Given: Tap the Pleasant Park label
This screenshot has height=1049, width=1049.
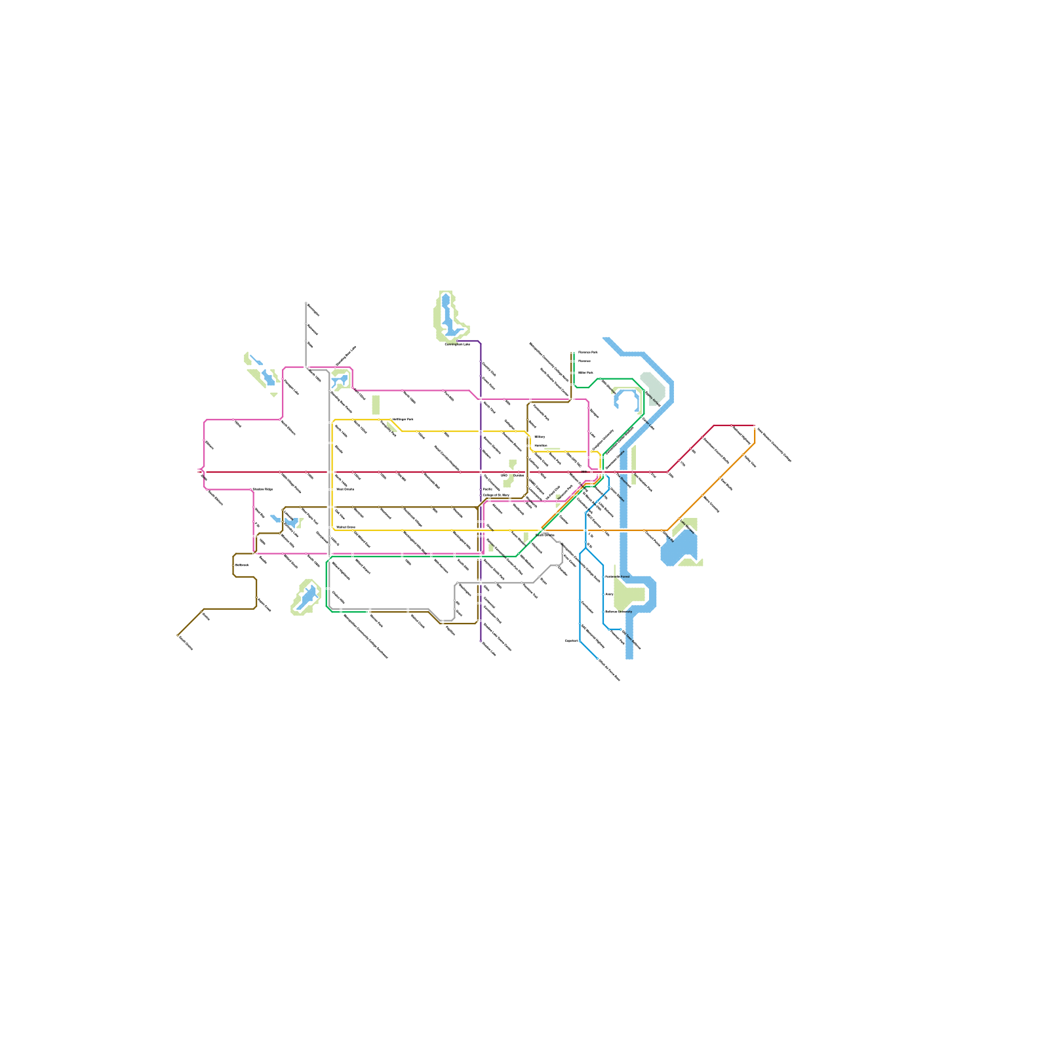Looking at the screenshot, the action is click(587, 353).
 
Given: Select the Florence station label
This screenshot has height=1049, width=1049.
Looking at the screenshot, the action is click(584, 361).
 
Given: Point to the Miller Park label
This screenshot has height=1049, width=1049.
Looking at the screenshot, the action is click(585, 372).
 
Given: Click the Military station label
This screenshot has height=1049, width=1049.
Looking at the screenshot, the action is click(539, 437).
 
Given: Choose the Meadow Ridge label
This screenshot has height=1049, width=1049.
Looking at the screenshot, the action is click(262, 490).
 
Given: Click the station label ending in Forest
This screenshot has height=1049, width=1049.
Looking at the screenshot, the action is click(617, 577).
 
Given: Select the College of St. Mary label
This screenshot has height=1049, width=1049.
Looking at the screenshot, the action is click(496, 495).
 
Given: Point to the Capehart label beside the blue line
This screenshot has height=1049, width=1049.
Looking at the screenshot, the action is click(571, 641).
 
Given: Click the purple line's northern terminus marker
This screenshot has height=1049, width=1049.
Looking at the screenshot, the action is click(458, 341).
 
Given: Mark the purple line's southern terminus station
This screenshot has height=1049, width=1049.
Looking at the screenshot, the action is click(481, 641).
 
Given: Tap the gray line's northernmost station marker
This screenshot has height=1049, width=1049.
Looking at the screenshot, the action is click(306, 304).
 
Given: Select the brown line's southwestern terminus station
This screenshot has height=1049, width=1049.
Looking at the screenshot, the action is click(178, 635).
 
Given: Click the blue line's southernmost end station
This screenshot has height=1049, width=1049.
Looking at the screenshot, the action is click(597, 658).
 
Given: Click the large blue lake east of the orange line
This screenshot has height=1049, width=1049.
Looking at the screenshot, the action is click(681, 548).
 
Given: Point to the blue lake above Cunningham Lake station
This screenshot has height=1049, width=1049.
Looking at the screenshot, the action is click(448, 315).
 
